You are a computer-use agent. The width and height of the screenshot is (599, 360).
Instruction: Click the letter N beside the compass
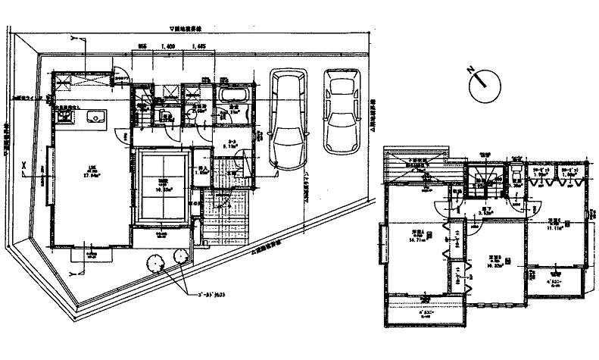pos(470,71)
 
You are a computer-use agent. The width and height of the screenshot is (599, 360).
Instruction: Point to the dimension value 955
pos(142,46)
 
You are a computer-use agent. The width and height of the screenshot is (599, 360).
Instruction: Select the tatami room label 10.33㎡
pos(164,184)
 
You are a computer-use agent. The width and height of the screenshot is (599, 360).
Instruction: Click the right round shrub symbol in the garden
pos(182,258)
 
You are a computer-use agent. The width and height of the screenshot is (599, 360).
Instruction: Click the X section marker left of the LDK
pos(25,164)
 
